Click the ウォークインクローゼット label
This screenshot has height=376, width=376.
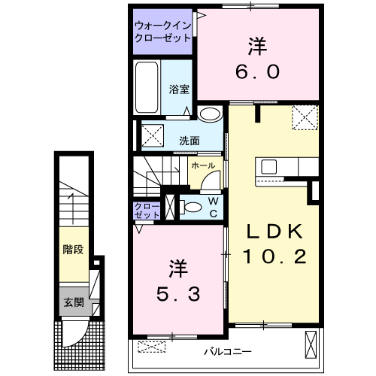162,32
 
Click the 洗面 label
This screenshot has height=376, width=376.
189,140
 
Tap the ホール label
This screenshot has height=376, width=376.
203,165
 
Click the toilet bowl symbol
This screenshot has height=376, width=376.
191,206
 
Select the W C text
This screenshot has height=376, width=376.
213,206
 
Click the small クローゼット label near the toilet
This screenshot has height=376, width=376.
146,210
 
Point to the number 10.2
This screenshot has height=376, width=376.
274,257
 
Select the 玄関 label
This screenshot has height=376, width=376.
72,303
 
